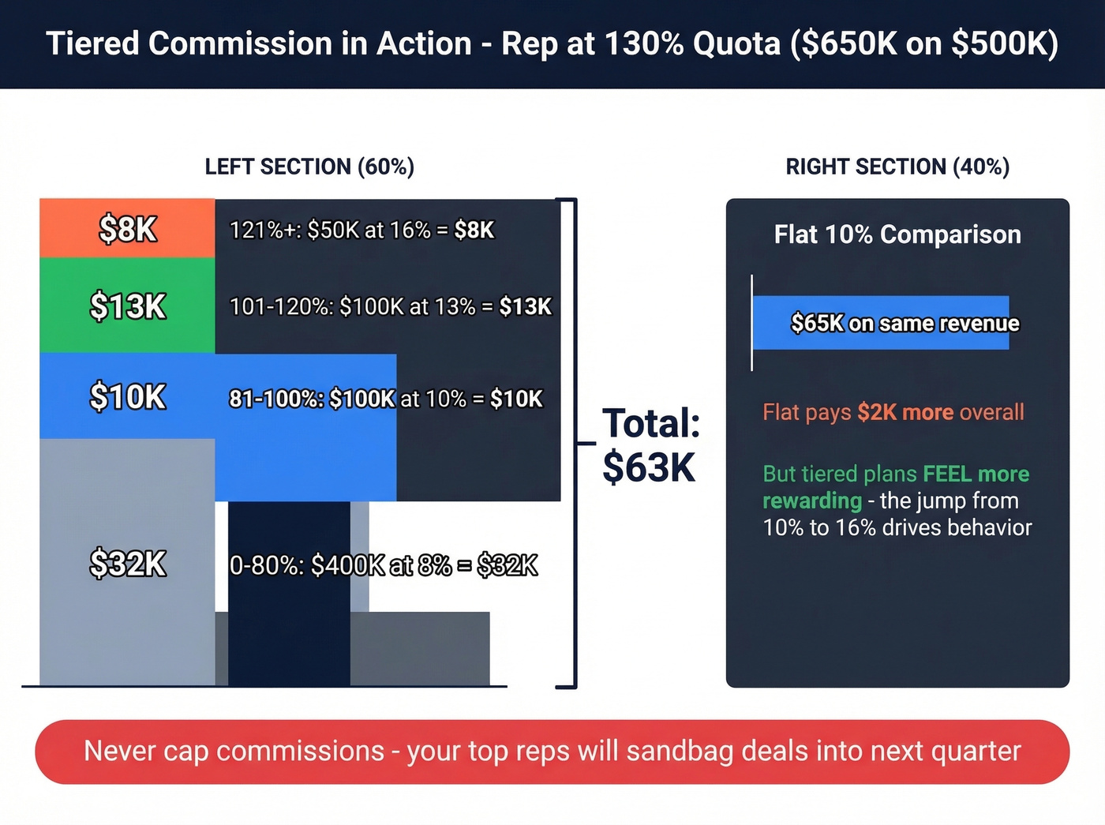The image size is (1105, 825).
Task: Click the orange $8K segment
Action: point(127,229)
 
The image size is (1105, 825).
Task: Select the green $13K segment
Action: point(127,306)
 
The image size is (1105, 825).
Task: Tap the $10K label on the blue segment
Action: point(128,396)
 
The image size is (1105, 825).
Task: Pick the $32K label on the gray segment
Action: point(128,564)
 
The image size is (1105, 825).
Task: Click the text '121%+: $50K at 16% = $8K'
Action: point(361,230)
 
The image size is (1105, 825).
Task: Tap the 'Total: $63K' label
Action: point(650,445)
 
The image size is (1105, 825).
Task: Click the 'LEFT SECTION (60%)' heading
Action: point(309,167)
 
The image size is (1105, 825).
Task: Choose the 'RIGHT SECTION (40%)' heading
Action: point(897,167)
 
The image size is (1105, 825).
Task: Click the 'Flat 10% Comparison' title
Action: point(897,234)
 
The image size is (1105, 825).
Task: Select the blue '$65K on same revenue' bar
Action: point(881,323)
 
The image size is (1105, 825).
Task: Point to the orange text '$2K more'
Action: point(905,412)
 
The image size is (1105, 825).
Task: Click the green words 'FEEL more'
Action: point(976,474)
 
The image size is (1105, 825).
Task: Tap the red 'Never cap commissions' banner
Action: point(552,752)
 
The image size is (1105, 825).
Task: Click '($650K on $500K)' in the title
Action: point(924,43)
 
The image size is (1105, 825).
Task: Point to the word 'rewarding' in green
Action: point(812,501)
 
